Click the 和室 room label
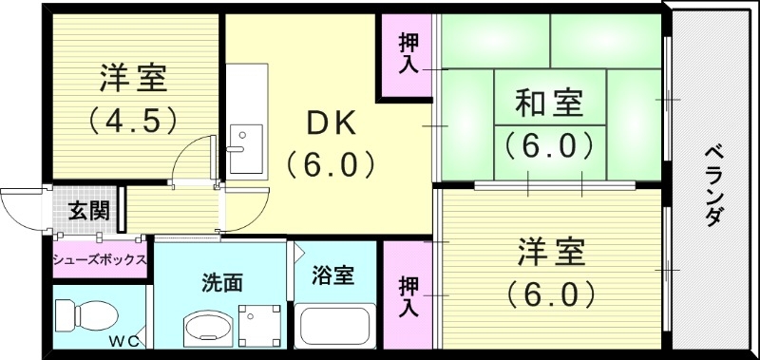click(x=548, y=102)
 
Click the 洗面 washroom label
click(x=220, y=282)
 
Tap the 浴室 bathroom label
click(x=333, y=275)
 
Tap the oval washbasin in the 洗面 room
click(x=205, y=331)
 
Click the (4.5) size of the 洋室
click(x=132, y=122)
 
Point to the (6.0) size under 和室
click(x=548, y=145)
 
